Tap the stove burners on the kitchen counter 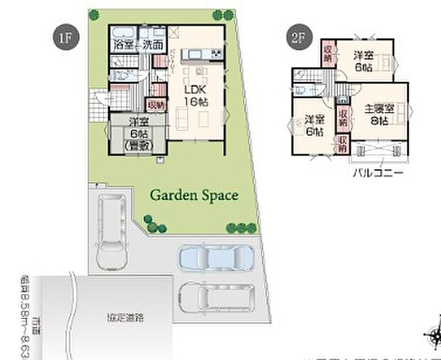tap(215, 54)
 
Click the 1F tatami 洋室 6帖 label tap(134, 132)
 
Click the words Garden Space tap(193, 196)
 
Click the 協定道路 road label tap(125, 317)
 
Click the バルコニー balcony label tap(377, 172)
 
